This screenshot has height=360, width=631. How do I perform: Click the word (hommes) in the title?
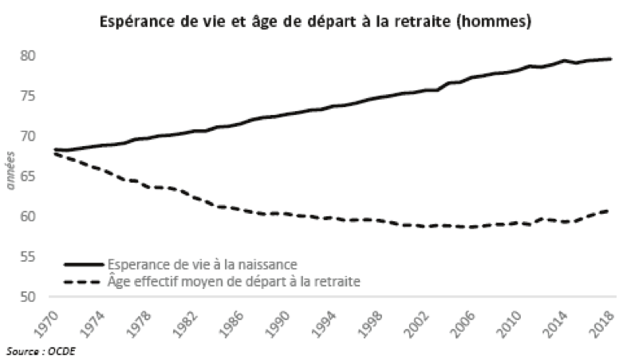click(x=495, y=22)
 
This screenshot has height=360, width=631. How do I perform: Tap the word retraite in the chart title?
click(x=422, y=22)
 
